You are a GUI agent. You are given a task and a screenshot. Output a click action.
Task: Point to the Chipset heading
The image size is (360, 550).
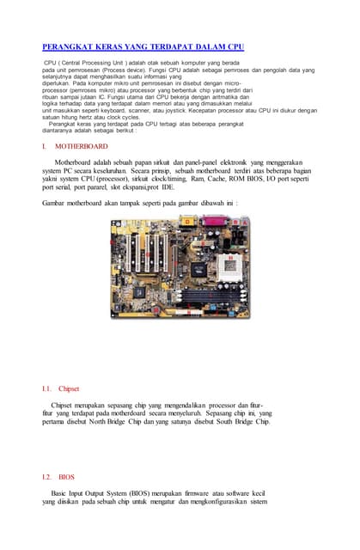81,388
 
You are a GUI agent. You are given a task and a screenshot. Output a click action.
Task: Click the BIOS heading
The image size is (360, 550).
67,475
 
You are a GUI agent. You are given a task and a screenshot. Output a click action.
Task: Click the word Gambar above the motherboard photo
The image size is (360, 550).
54,203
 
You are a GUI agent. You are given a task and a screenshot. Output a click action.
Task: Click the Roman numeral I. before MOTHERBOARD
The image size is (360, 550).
44,147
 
